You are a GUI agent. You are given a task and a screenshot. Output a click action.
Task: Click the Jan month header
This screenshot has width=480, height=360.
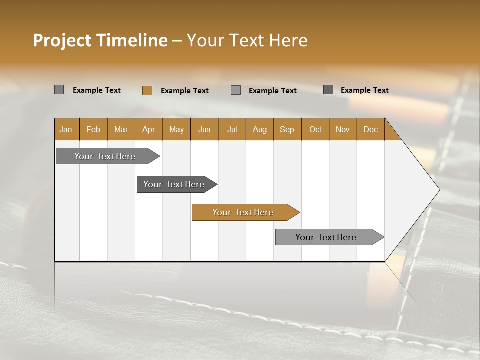[x=66, y=129]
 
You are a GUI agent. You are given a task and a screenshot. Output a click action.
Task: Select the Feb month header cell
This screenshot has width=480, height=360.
[x=93, y=129]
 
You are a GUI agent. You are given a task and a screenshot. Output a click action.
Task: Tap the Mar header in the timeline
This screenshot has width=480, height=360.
[x=121, y=129]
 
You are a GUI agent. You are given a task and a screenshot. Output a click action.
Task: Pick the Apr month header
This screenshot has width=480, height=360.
[x=149, y=129]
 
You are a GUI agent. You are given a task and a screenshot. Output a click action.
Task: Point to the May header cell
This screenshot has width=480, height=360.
[x=176, y=129]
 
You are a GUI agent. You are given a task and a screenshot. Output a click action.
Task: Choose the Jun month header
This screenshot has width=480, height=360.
[x=204, y=129]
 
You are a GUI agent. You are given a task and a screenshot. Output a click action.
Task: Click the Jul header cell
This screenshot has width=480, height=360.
[x=232, y=129]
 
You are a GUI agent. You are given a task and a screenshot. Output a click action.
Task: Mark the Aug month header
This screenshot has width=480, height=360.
[x=260, y=129]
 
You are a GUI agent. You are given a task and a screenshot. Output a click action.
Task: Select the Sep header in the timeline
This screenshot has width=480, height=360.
[x=287, y=129]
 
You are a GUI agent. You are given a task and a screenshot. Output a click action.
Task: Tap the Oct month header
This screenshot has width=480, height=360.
[x=315, y=129]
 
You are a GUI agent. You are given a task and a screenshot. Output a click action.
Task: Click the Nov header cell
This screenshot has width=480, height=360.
[x=343, y=129]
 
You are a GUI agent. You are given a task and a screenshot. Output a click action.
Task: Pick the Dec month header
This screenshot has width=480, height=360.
[x=371, y=129]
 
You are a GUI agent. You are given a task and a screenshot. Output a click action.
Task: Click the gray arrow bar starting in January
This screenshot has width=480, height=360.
[x=105, y=156]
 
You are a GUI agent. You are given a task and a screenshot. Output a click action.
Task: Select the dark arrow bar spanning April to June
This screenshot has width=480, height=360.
[x=174, y=184]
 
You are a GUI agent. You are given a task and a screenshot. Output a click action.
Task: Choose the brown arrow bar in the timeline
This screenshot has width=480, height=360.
[x=243, y=212]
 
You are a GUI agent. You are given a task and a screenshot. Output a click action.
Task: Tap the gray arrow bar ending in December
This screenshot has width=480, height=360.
[x=326, y=237]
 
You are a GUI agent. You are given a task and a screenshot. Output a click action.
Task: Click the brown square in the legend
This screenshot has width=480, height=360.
[x=147, y=90]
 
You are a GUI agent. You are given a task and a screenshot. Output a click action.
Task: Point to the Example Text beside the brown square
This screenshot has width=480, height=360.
[x=185, y=91]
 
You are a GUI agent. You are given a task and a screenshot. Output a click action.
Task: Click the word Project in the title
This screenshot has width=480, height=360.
[x=62, y=40]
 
